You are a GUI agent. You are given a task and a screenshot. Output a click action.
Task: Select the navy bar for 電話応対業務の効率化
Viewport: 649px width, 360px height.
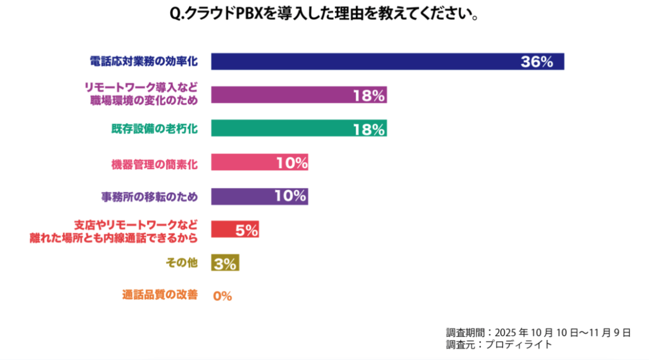tap(362, 62)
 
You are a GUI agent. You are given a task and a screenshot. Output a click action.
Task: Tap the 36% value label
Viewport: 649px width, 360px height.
tap(537, 62)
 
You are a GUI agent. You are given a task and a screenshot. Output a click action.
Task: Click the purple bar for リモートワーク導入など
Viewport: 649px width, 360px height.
tap(281, 95)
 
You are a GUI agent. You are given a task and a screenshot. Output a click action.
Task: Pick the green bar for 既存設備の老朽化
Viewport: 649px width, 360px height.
tap(281, 129)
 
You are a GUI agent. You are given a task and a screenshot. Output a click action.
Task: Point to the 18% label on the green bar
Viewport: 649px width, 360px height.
tap(369, 129)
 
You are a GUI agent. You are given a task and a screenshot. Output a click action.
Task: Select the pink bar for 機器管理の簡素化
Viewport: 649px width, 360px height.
tap(243, 162)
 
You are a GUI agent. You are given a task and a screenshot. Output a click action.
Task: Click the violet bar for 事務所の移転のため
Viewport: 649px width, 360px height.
tap(243, 196)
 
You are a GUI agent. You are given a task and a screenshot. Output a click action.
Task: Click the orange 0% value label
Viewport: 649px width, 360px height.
tap(222, 296)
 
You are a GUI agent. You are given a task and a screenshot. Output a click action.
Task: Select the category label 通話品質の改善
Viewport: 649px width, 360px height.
tap(160, 295)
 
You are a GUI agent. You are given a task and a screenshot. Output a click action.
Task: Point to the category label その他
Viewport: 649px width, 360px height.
tap(181, 263)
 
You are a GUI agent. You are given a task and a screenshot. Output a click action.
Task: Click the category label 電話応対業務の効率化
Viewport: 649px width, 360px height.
tap(143, 62)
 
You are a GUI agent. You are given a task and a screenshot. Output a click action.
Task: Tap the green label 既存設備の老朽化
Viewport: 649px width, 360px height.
tap(151, 129)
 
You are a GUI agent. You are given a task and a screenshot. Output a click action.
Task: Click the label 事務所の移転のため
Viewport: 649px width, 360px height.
tap(149, 196)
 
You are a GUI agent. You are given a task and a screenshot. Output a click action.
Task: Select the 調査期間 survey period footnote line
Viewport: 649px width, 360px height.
tap(538, 332)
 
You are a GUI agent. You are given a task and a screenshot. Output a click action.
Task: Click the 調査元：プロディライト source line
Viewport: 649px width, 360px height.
tap(499, 344)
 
